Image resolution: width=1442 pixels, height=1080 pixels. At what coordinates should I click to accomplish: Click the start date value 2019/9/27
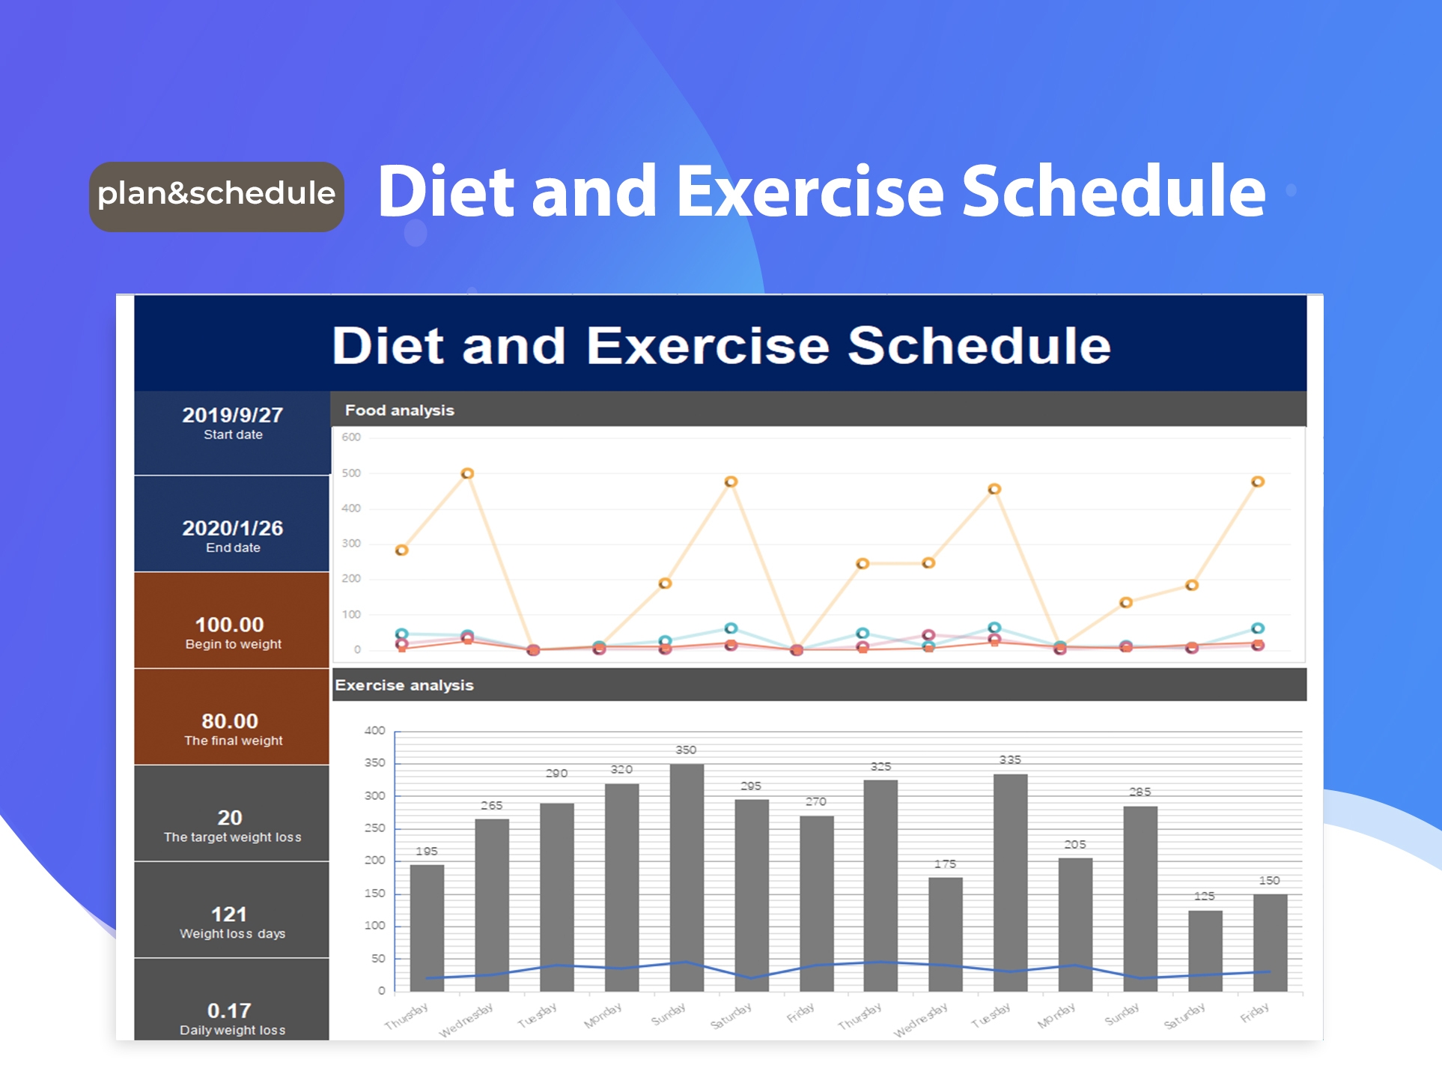(x=232, y=415)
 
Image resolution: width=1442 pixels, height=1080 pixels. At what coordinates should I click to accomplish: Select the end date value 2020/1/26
(x=232, y=528)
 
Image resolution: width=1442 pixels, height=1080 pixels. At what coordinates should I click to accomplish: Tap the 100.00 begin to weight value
(x=229, y=625)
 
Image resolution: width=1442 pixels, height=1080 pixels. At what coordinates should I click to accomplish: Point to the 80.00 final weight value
(x=229, y=721)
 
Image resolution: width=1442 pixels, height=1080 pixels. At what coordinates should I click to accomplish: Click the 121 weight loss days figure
(x=229, y=914)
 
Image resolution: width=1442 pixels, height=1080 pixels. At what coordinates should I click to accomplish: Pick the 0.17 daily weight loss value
(x=229, y=1011)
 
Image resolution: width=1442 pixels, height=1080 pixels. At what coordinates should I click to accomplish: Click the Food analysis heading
(x=399, y=410)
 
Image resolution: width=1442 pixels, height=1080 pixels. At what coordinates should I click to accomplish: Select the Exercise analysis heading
(x=404, y=685)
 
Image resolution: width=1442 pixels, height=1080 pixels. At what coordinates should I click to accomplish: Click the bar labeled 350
(x=687, y=876)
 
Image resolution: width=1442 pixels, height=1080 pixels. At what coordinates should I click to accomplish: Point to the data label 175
(x=945, y=864)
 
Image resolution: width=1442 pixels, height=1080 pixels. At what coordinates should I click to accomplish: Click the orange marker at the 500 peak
(x=467, y=473)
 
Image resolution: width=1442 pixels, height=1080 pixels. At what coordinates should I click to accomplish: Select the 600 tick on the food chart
(x=351, y=437)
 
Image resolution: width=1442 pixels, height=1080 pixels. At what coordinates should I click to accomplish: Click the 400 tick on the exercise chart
(x=374, y=730)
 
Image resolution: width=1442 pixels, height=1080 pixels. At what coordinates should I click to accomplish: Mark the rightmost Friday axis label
(x=1254, y=1013)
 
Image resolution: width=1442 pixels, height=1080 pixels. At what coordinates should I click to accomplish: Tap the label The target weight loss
(x=232, y=837)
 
